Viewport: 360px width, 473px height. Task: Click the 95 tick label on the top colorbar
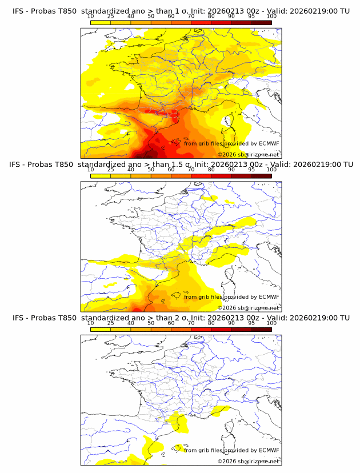[x=251, y=16]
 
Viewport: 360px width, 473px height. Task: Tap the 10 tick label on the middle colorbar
[x=90, y=170]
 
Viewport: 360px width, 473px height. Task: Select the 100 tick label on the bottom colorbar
[x=271, y=323]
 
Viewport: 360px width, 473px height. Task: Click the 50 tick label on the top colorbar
[x=151, y=16]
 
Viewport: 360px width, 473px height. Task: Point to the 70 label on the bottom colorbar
[x=191, y=323]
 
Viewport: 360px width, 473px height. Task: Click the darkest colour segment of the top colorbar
[x=261, y=22]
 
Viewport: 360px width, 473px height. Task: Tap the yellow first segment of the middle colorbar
[x=100, y=176]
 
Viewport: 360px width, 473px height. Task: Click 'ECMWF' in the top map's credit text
[x=269, y=143]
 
